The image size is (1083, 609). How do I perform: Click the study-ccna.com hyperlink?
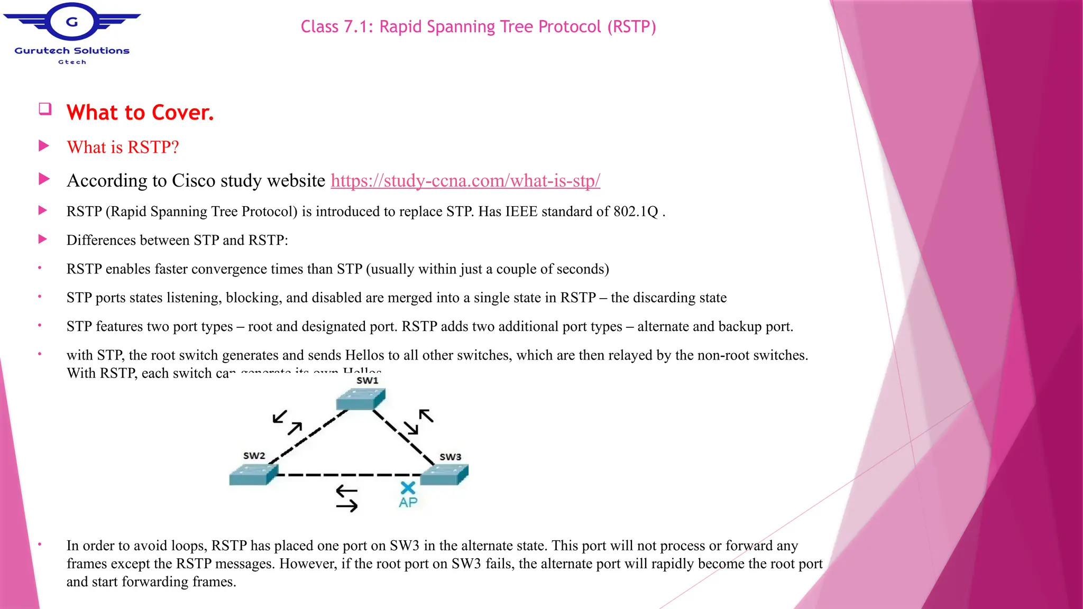coord(465,181)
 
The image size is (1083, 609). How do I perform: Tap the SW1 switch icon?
coord(361,399)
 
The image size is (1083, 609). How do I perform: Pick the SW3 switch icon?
coord(445,474)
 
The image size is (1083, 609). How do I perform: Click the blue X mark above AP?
coord(408,487)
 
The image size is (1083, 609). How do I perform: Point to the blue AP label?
coord(408,502)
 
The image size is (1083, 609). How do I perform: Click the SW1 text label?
coord(367,381)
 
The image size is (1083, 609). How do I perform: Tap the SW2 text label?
coord(254,456)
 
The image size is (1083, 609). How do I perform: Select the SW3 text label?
coord(450,457)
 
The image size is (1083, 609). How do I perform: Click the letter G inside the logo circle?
coord(72,22)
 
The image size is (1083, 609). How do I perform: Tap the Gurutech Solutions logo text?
coord(72,51)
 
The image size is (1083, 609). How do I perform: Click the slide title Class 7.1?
coord(478,26)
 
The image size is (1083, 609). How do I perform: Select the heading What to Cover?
coord(140,113)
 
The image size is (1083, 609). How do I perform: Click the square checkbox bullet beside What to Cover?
coord(45,109)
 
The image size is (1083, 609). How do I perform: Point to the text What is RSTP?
coord(123,147)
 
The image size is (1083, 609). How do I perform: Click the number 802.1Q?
coord(636,211)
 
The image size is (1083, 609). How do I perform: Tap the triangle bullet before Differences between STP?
coord(43,239)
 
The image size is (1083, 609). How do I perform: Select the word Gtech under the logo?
coord(72,62)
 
